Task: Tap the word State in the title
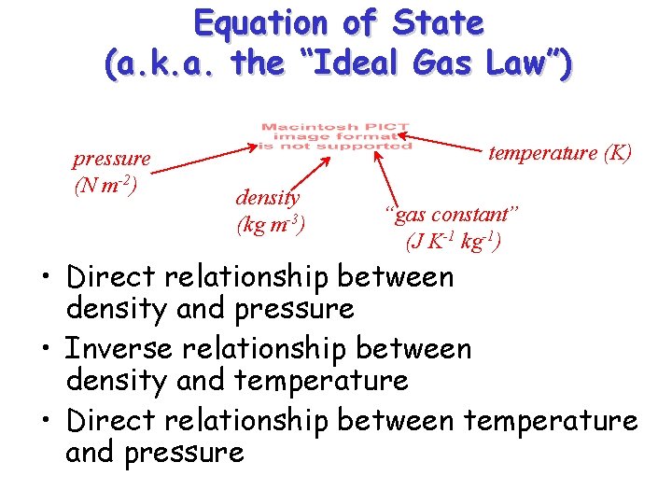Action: tap(439, 22)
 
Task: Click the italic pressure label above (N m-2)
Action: tap(111, 160)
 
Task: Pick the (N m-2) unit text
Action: tap(105, 186)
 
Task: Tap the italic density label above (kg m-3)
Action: tap(267, 198)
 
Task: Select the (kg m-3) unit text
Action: tap(271, 225)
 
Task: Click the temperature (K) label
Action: tap(560, 153)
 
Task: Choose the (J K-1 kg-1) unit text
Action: tap(454, 243)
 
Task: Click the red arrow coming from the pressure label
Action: tap(200, 157)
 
